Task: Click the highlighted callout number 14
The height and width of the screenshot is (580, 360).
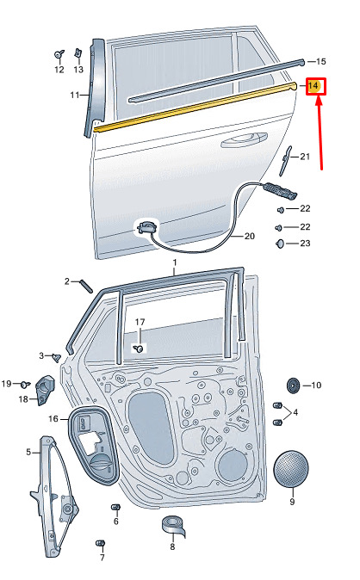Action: point(313,86)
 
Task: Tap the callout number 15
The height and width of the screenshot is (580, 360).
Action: point(321,61)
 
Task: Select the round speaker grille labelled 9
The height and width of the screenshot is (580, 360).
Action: point(291,469)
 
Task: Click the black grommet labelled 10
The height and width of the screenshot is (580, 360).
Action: point(294,386)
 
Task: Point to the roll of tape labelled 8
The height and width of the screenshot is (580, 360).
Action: point(174,526)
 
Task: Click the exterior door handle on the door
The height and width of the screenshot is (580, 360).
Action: point(245,139)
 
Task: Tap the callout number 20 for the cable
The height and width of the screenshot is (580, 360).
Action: point(250,236)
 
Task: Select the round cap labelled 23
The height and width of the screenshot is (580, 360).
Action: point(281,244)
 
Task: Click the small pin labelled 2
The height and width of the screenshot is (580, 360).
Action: point(86,286)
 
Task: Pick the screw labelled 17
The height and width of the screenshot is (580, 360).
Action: point(140,348)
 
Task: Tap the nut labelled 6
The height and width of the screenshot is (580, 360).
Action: point(116,507)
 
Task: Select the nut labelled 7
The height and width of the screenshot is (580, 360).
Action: point(101,544)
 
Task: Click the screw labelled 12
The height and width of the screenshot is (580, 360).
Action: point(59,54)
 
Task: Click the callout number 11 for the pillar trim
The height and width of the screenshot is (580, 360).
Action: point(74,95)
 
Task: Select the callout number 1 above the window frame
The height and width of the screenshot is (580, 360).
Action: point(175,262)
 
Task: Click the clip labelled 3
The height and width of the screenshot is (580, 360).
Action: point(57,357)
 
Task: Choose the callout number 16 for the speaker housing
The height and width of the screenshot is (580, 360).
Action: point(53,419)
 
